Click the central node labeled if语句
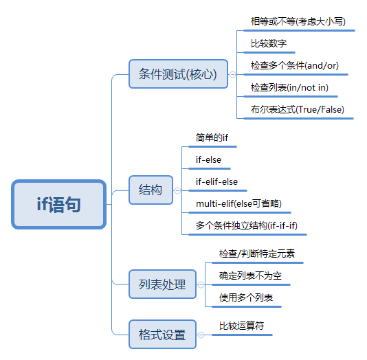tap(59, 204)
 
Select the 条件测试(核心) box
tap(177, 74)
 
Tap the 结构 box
tap(151, 190)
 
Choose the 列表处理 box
tap(162, 284)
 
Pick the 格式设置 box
tap(162, 335)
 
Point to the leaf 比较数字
tap(269, 44)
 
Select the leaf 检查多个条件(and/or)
tap(294, 66)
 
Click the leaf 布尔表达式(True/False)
tap(298, 109)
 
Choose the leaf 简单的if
tap(212, 137)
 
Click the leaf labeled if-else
tap(209, 160)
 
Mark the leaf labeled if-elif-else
tap(217, 182)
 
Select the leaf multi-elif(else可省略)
tap(238, 204)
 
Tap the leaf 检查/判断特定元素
tap(256, 254)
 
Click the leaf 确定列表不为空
tap(250, 275)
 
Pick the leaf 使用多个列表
tap(246, 297)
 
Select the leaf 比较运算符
tap(241, 326)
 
